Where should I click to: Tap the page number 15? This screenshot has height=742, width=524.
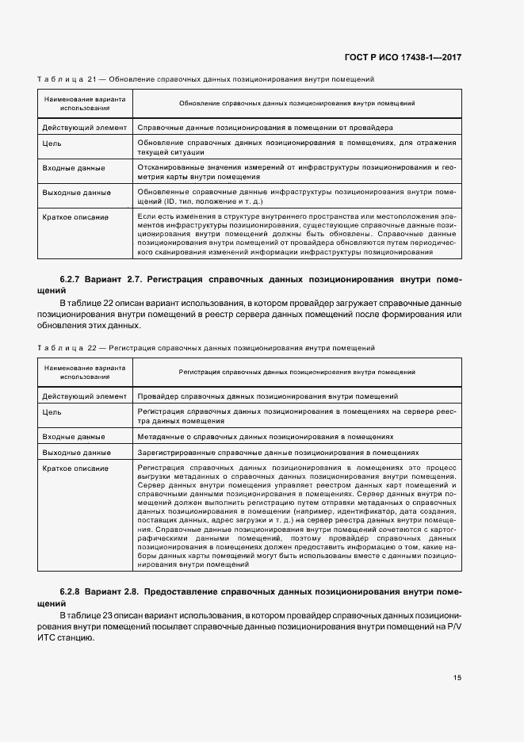(457, 677)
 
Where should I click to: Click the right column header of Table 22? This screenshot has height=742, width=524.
(296, 371)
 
